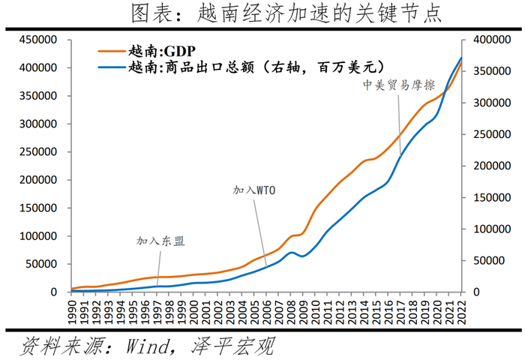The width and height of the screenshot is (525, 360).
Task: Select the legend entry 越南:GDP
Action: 160,52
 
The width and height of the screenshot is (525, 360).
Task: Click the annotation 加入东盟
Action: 160,241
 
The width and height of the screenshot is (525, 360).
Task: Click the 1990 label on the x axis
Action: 73,309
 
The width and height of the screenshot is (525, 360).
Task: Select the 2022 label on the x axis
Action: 462,309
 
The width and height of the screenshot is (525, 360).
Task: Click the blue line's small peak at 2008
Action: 291,252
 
